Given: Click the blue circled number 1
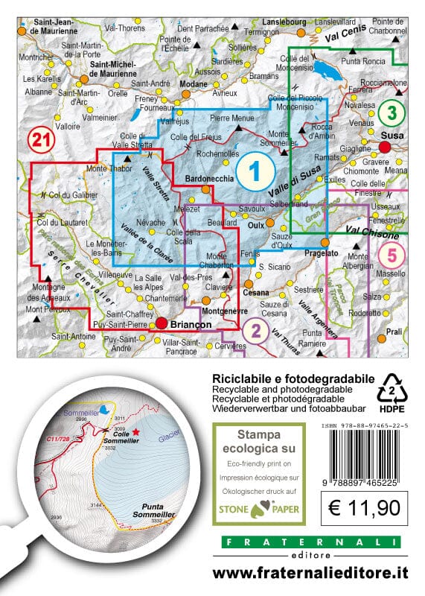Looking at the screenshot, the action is point(254,172).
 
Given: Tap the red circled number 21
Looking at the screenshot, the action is point(41,139).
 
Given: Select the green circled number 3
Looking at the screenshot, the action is point(390,114).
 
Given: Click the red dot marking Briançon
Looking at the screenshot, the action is point(160,323).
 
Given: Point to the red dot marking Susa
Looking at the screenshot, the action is point(396,148).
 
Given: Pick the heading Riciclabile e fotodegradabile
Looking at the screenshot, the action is point(293,379).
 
